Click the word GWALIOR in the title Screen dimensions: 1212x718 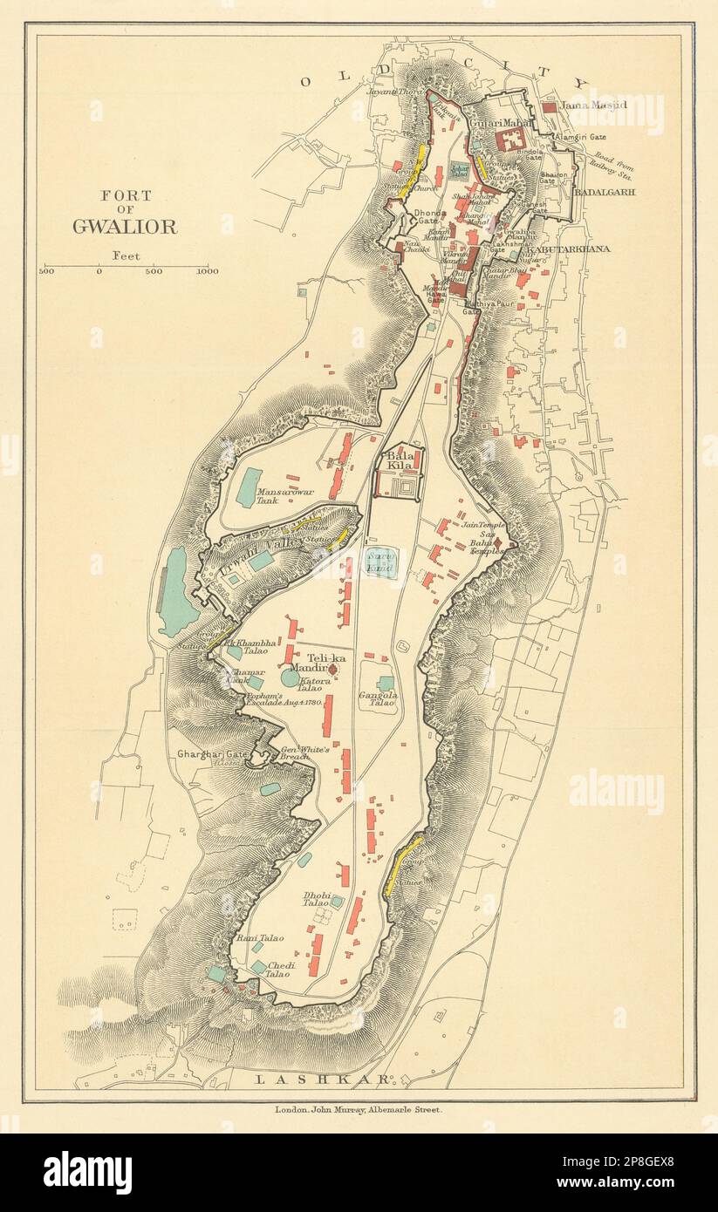click(x=124, y=227)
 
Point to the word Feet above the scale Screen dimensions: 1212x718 click(x=126, y=255)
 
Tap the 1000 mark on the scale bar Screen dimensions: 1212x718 click(x=207, y=272)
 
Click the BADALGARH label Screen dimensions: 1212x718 click(x=605, y=192)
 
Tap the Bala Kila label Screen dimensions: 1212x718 click(x=399, y=463)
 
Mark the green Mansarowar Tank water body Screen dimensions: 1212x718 click(x=249, y=487)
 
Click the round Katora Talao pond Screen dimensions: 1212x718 click(x=291, y=677)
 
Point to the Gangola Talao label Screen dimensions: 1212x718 click(x=378, y=701)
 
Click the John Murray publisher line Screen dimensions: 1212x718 click(x=359, y=1110)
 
